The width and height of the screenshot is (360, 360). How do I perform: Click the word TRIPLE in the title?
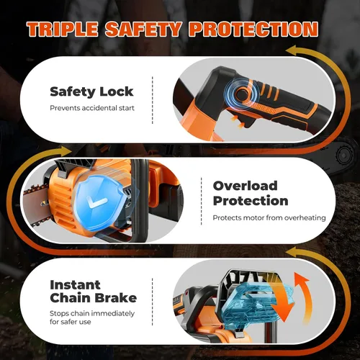pos(63,29)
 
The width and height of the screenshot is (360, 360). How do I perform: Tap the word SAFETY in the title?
pos(143,29)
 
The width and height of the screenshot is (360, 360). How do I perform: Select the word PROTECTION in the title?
pos(253,29)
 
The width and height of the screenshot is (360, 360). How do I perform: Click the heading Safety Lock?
pos(91,92)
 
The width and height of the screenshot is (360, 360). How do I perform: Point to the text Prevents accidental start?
pos(92,108)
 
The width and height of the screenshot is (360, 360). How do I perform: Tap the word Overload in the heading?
pos(245,186)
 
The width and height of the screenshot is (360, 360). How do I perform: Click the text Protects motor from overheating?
pos(269,217)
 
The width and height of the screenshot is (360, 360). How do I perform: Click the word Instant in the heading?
pos(75,285)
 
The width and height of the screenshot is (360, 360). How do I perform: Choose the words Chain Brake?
pos(94,298)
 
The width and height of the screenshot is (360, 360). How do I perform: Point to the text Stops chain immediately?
pos(92,313)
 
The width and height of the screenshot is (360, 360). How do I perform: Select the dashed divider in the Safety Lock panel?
pos(153,100)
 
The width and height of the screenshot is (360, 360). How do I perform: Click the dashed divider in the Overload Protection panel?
pos(202,202)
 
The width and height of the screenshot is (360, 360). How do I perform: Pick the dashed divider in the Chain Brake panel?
pos(153,302)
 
